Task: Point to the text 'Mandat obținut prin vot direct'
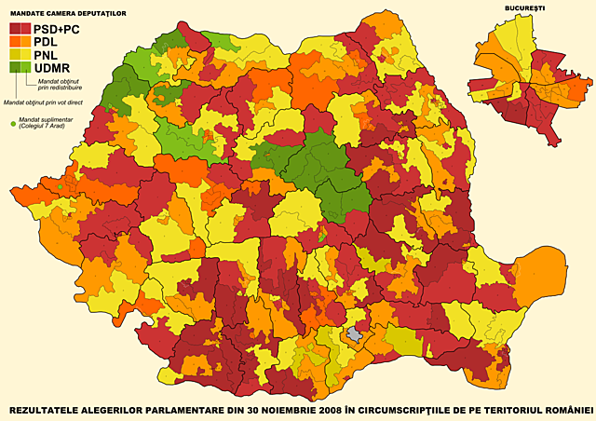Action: point(42,102)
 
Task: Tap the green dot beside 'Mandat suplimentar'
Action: point(13,121)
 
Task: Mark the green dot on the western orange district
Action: point(61,187)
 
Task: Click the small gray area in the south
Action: point(355,334)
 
